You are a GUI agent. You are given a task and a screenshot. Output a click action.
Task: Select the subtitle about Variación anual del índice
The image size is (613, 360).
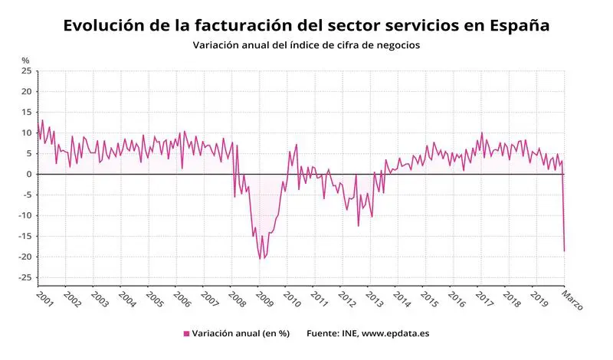pos(306,45)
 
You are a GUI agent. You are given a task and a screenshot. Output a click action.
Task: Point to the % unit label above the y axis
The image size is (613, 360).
pos(25,60)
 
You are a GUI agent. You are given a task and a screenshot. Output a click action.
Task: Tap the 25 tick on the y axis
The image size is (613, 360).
pos(26,71)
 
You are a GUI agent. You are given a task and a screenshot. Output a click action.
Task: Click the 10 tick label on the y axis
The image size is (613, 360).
pos(26,133)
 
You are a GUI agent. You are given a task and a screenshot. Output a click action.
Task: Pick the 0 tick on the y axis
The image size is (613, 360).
pos(28,175)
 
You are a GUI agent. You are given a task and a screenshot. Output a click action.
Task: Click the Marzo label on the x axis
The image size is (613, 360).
pos(572,299)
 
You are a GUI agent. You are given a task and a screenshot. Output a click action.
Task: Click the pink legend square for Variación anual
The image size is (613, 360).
pos(186,334)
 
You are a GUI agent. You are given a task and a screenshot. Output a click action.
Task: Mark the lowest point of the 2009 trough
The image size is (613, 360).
pos(260,259)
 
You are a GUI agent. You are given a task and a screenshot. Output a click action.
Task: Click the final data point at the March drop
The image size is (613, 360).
pos(565,251)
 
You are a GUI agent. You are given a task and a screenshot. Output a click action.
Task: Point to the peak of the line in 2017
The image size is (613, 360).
pos(482,133)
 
